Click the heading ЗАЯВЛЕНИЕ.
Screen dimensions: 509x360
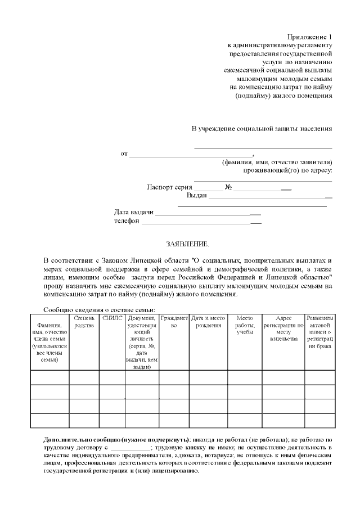[x=187, y=244]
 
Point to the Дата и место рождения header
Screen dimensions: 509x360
[x=208, y=322]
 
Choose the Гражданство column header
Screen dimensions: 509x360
[x=174, y=322]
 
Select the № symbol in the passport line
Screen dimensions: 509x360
[x=228, y=187]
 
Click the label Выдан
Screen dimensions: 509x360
[x=196, y=196]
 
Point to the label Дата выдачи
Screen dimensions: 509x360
[x=133, y=213]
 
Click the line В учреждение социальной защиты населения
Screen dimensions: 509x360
[x=262, y=128]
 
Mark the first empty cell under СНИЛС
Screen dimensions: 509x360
[x=112, y=377]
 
